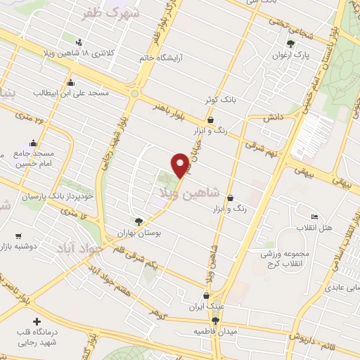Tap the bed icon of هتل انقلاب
[314, 217]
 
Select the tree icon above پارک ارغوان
[291, 44]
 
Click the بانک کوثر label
[217, 101]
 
